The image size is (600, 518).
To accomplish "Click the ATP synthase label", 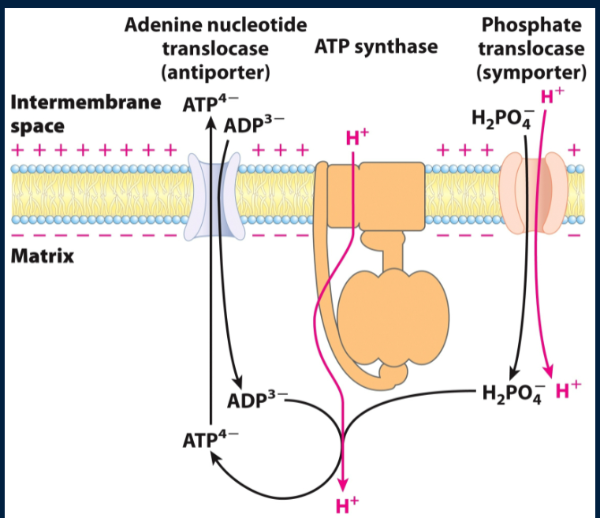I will click(375, 47).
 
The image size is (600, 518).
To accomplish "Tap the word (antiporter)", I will click(215, 73).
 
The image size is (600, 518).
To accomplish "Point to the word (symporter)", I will click(531, 73).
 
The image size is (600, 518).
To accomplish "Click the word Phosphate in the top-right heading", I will click(531, 24).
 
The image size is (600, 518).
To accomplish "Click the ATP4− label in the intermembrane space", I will click(201, 104).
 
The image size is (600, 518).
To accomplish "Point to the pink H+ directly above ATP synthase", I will click(357, 140).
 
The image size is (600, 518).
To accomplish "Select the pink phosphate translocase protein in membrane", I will click(534, 192).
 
